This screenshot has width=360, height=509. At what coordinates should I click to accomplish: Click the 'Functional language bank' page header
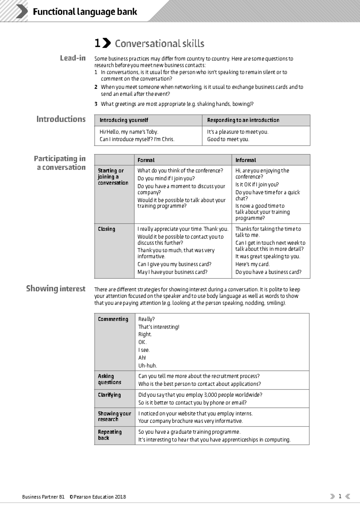coord(85,12)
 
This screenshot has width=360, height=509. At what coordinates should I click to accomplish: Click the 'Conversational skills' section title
coord(159,44)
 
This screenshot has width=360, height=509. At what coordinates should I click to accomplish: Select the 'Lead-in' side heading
coord(73,58)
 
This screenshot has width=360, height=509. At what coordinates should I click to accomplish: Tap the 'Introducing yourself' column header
coord(124,120)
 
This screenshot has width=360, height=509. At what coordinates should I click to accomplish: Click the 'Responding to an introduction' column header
coord(243,120)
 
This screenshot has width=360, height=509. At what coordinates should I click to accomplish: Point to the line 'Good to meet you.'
coord(228,139)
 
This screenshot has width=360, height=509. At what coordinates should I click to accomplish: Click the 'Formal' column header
coord(146,160)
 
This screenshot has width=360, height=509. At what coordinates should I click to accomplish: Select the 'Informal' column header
coord(245,160)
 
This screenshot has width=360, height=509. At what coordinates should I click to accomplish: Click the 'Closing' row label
coord(106,229)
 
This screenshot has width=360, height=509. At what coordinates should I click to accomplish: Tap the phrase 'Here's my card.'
coord(252,264)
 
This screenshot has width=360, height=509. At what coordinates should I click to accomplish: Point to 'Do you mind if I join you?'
coord(166,178)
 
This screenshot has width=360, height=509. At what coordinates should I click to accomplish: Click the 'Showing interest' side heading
coord(56,289)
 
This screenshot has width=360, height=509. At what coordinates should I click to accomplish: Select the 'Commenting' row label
coord(113,319)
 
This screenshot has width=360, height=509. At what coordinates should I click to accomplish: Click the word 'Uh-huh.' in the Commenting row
coord(147,366)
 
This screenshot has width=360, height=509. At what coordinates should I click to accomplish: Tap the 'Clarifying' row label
coord(109,395)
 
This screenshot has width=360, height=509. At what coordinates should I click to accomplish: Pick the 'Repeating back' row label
coord(109,435)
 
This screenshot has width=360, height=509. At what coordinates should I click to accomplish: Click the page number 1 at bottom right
coord(340,496)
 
